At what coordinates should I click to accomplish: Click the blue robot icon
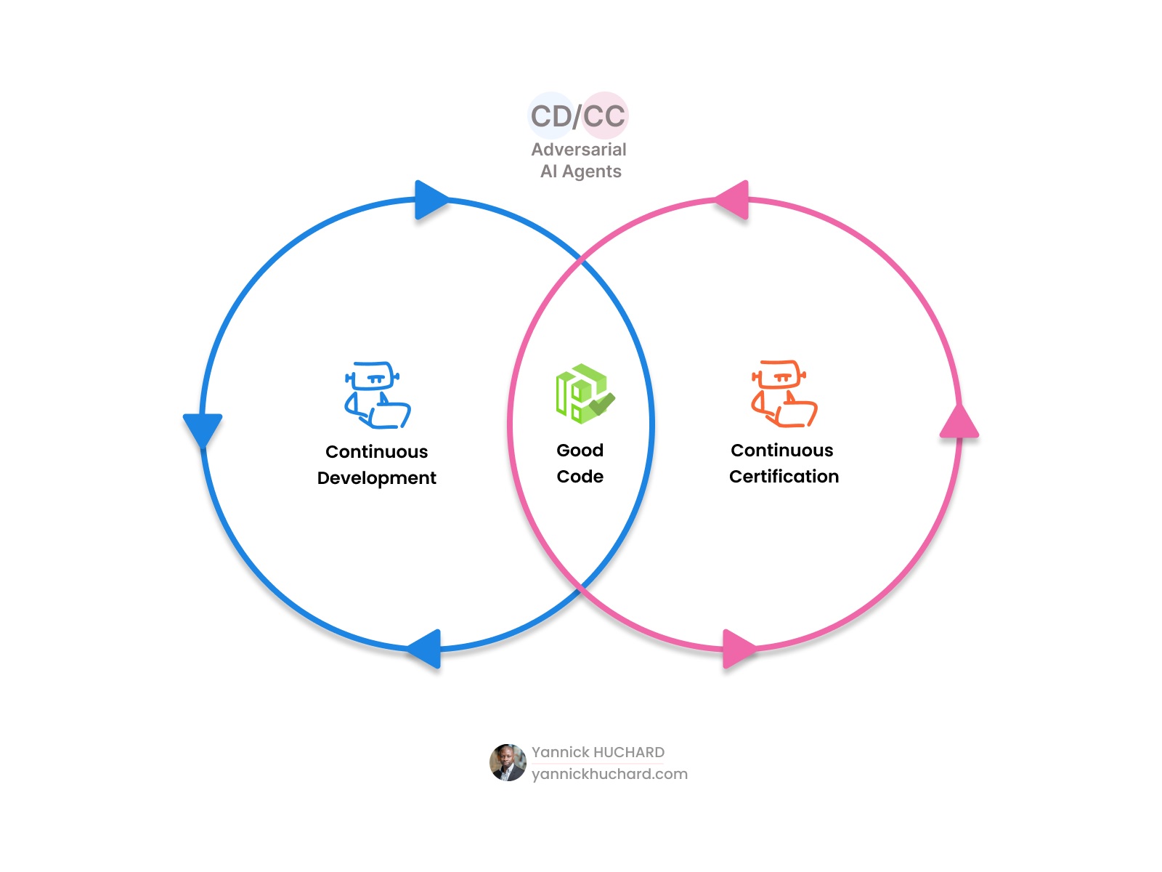(x=377, y=395)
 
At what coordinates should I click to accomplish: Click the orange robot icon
(x=784, y=393)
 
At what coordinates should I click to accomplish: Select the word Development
(x=376, y=478)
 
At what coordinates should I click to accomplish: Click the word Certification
(x=784, y=477)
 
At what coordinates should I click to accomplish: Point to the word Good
(x=580, y=451)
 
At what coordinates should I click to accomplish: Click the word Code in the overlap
(x=580, y=477)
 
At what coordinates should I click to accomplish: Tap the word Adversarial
(x=578, y=150)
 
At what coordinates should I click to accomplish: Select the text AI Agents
(x=580, y=171)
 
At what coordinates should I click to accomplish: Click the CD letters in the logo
(x=553, y=116)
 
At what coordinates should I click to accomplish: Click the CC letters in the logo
(x=604, y=116)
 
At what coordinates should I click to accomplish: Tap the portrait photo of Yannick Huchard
(x=508, y=762)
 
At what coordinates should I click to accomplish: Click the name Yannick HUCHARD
(x=598, y=752)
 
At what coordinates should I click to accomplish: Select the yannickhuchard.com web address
(x=609, y=774)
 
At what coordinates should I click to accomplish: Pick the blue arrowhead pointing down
(x=203, y=429)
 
